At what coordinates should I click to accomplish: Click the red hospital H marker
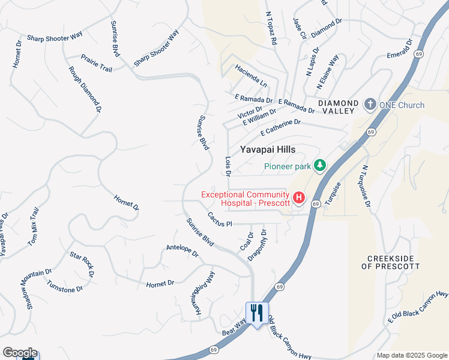(x=298, y=197)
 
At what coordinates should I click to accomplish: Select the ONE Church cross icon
(x=370, y=105)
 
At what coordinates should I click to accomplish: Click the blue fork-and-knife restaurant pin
(x=256, y=313)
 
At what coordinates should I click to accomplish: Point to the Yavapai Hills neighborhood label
(x=268, y=150)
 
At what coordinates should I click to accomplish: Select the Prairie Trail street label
(x=97, y=63)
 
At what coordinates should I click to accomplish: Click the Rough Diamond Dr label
(x=85, y=90)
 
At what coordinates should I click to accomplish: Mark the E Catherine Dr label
(x=280, y=127)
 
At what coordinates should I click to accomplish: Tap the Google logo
(x=19, y=353)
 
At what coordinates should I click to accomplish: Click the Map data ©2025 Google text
(x=412, y=355)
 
